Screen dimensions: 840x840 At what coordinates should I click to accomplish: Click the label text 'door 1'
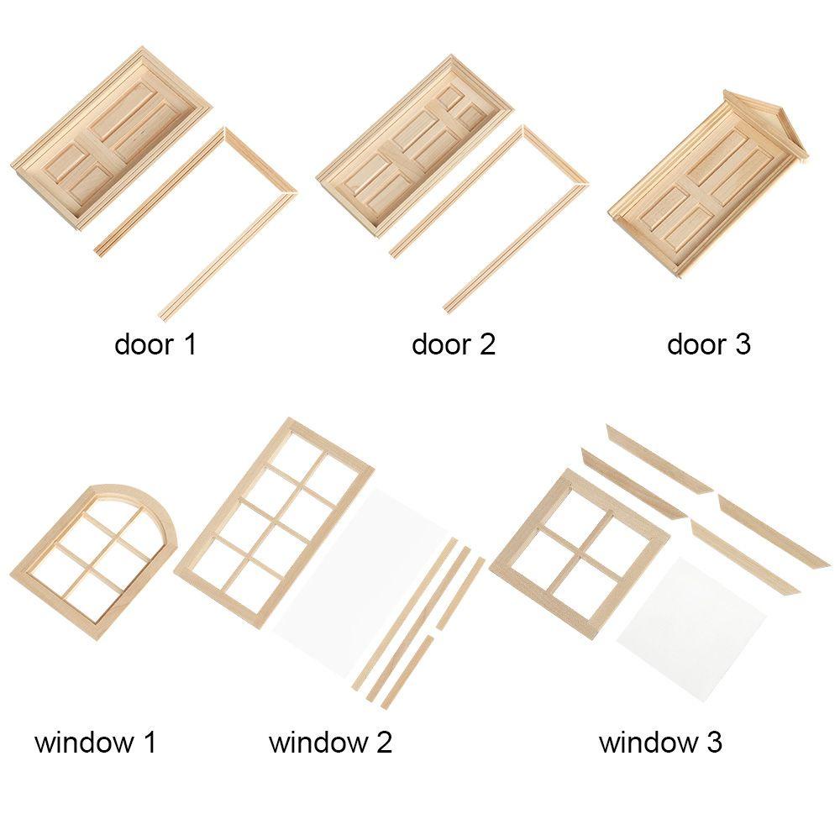(x=155, y=344)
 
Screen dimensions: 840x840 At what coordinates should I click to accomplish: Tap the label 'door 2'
(x=453, y=344)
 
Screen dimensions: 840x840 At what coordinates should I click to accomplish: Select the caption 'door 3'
(x=708, y=344)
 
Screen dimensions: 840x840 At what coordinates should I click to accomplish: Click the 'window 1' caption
(x=95, y=743)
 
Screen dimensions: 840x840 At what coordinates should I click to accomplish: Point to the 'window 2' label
(x=330, y=743)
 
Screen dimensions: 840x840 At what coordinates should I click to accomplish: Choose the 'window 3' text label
(x=660, y=743)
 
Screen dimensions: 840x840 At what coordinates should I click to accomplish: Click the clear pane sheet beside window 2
(x=370, y=580)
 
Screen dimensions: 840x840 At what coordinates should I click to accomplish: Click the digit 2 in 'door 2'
(x=486, y=344)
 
